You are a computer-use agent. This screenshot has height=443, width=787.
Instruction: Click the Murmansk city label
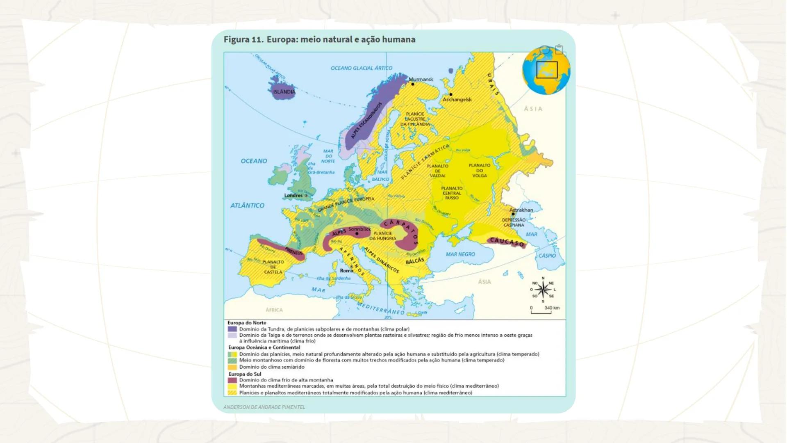421,79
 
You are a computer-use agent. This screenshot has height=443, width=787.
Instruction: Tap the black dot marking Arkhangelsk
451,94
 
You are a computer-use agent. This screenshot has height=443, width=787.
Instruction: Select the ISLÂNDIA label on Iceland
284,92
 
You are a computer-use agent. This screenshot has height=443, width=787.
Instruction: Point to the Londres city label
293,195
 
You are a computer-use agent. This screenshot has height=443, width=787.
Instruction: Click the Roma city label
346,271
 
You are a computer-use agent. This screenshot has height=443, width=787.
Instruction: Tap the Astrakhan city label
521,210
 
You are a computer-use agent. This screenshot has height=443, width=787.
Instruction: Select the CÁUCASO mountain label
507,242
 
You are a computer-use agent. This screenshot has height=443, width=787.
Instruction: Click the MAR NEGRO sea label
460,254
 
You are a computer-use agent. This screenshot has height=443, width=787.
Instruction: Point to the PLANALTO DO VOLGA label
480,170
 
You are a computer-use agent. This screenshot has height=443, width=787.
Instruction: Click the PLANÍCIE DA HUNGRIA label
382,235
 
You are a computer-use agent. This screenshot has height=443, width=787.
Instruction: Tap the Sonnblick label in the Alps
359,229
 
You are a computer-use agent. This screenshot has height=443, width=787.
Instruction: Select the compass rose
543,290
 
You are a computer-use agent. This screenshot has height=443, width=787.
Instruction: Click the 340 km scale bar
541,311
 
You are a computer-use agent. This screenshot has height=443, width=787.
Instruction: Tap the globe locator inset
546,71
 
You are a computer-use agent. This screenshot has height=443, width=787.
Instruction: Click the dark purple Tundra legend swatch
232,329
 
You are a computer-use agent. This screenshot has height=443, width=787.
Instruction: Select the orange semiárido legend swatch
232,367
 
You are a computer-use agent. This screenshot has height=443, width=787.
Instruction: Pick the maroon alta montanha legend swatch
232,380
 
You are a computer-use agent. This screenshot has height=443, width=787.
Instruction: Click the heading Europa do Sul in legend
245,374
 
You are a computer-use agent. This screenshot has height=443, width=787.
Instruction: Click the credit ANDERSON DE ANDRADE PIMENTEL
264,407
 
